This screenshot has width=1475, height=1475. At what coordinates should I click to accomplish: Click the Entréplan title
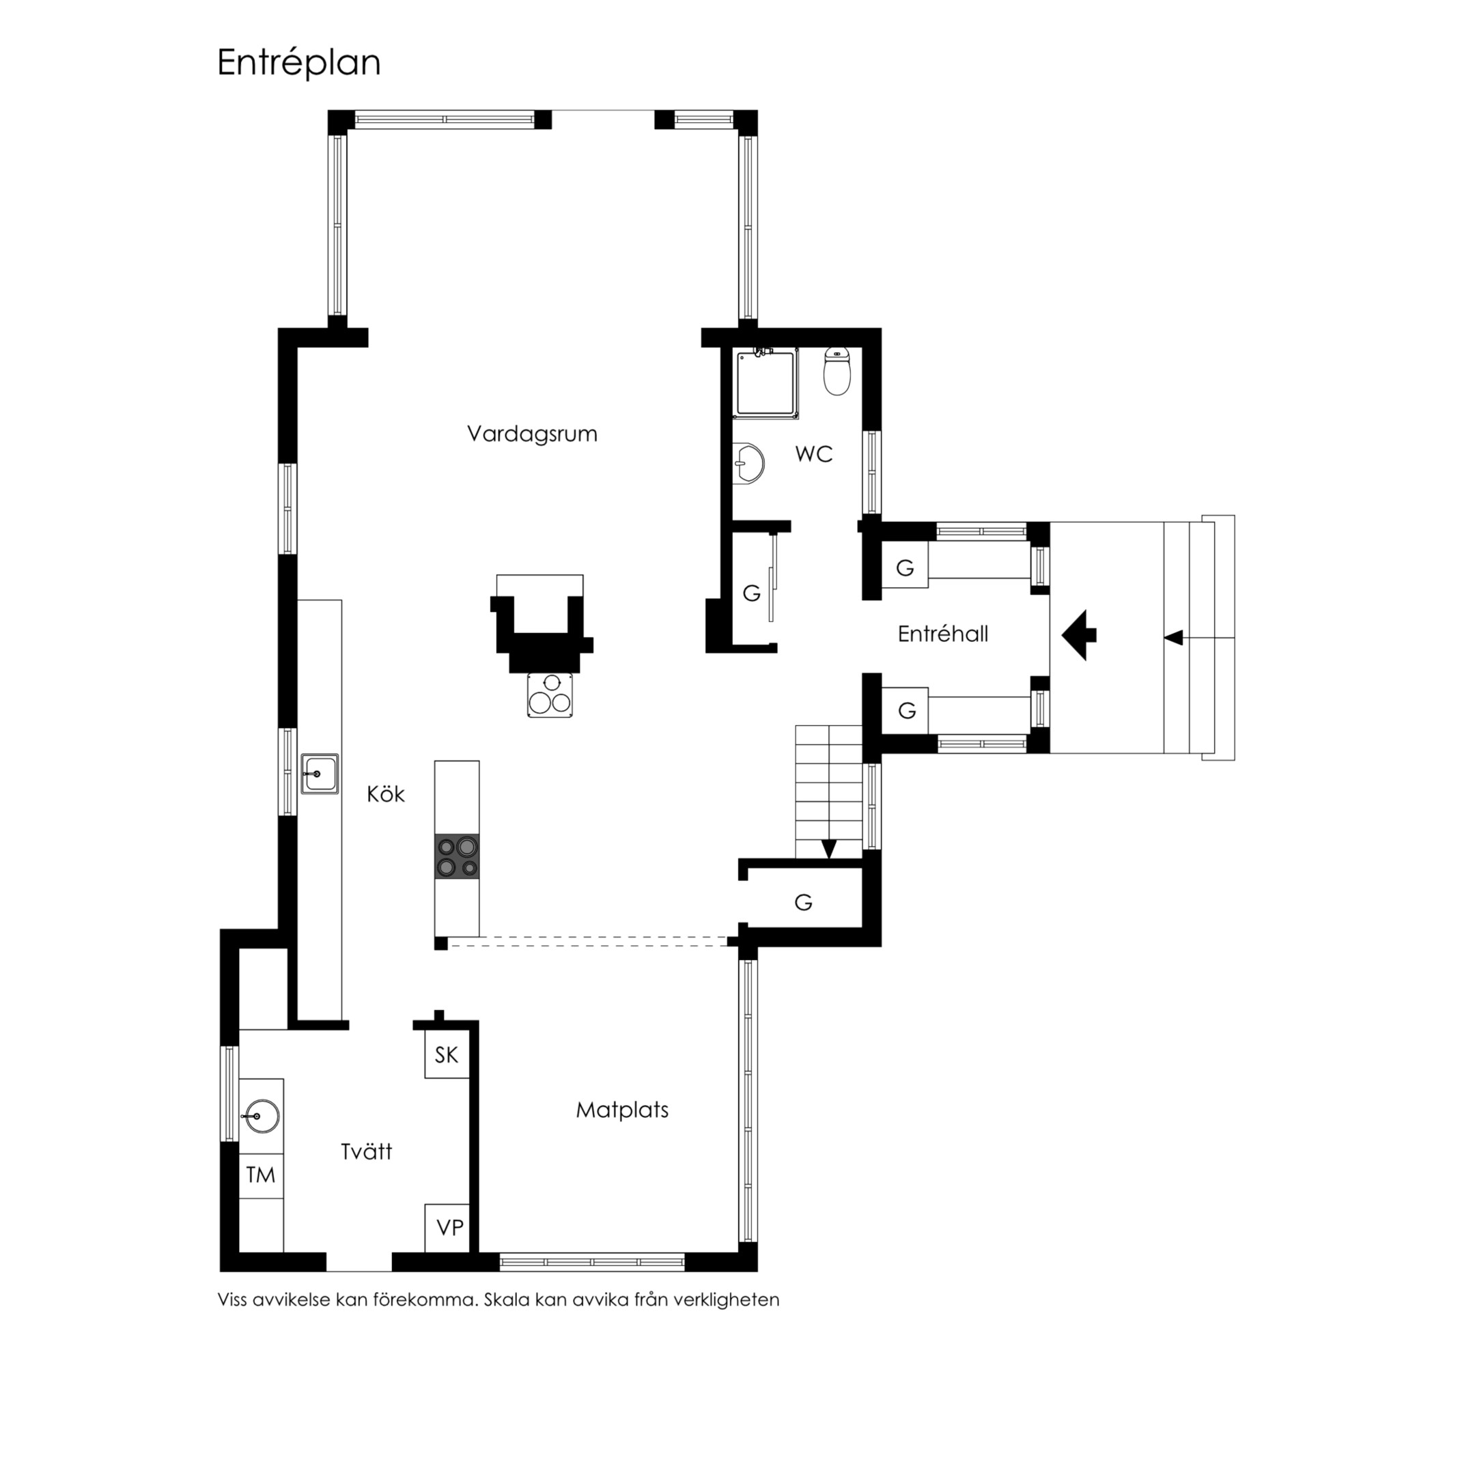pos(298,64)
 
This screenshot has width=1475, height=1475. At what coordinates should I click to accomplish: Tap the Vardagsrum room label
pos(532,434)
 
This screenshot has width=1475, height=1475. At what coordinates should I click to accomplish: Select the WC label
pos(813,454)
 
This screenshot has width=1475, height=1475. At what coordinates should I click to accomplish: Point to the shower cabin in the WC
pos(765,383)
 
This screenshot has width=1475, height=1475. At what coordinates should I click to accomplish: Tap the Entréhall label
pos(943,634)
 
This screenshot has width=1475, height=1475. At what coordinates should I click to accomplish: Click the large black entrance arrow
pos(1079,635)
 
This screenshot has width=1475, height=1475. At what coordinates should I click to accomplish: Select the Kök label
pos(386,795)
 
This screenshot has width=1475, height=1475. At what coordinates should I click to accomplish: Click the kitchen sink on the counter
pos(320,774)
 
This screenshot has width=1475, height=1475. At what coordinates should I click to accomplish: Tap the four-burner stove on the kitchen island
pos(458,856)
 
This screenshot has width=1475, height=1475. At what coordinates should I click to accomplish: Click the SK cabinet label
pos(447,1055)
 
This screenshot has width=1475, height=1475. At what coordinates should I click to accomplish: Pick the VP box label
pos(450,1228)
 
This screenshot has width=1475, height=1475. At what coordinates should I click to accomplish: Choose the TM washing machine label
pos(260,1175)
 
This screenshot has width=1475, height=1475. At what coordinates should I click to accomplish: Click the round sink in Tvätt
pos(261,1117)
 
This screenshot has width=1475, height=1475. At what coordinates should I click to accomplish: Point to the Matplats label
pos(622,1110)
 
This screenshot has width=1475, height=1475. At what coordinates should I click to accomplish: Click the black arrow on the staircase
pos(829,849)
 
